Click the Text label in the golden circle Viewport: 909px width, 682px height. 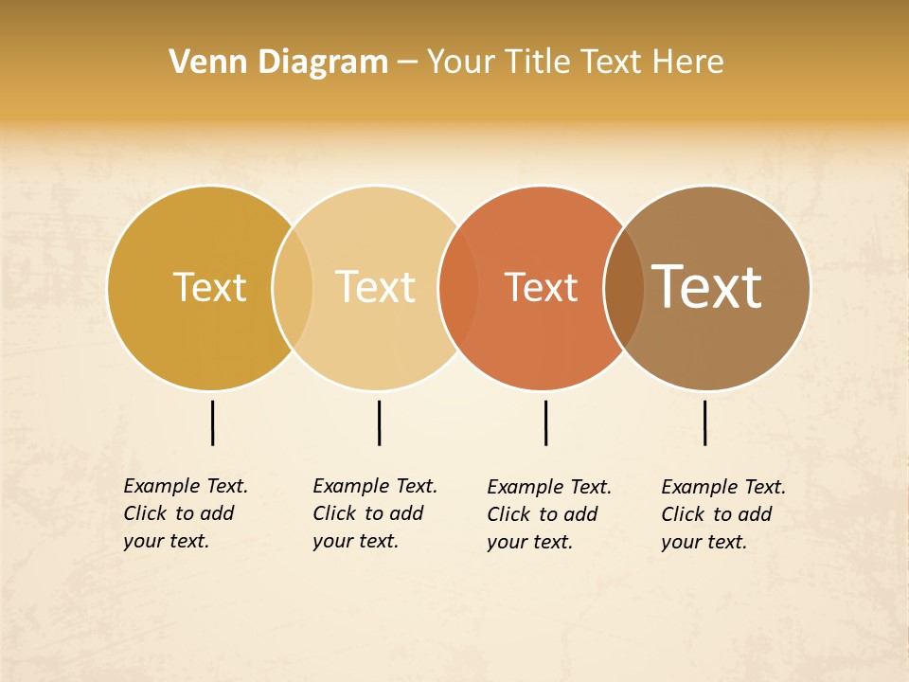coord(209,287)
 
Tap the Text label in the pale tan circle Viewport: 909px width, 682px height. coord(375,287)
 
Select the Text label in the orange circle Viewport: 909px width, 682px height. coord(541,288)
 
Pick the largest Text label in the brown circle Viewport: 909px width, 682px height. coord(706,286)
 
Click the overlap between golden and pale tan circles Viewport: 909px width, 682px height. coord(293,287)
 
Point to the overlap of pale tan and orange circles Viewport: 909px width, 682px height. coord(458,287)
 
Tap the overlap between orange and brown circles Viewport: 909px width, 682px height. coord(624,287)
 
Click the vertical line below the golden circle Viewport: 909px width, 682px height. coord(212,422)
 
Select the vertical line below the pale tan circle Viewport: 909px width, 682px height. coord(379,422)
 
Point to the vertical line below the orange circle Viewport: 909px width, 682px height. coord(545,422)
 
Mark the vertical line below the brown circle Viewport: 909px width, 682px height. coord(704,422)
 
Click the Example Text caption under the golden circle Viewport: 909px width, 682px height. coord(185,513)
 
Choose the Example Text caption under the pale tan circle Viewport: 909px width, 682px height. coord(374,513)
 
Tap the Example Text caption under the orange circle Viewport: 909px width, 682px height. coord(548,514)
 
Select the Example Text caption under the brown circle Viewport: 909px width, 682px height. coord(722,514)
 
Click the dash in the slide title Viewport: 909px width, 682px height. coord(407,63)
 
